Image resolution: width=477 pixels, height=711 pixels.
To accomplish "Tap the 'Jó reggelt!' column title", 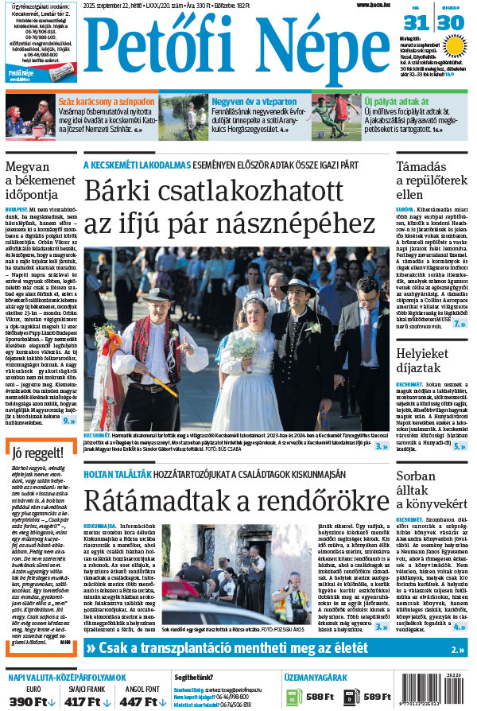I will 34,454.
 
